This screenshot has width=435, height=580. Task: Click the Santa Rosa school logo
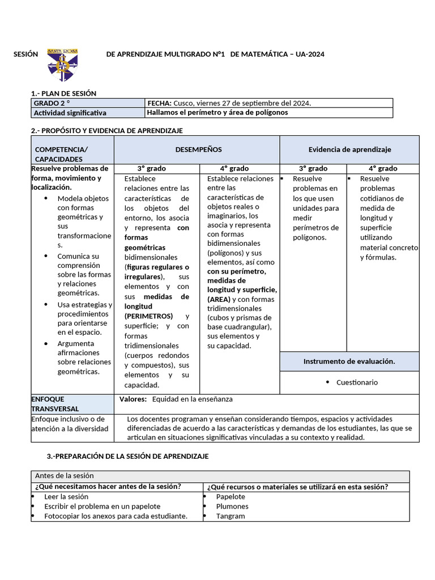[x=62, y=65]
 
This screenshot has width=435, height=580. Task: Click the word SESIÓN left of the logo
[x=25, y=54]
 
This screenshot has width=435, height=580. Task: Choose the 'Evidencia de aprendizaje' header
[x=349, y=150]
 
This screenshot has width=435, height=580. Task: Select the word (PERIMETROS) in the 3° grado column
[x=148, y=316]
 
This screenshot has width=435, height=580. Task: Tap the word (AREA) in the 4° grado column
[x=219, y=299]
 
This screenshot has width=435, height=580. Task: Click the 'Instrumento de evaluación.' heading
[x=349, y=361]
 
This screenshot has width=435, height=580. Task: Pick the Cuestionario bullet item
[x=357, y=382]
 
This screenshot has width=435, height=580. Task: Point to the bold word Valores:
[x=133, y=399]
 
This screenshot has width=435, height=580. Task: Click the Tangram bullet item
[x=231, y=516]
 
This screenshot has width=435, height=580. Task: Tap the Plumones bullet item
[x=232, y=506]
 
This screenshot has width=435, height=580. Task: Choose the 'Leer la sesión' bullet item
[x=66, y=497]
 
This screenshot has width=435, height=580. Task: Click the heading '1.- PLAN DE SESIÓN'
[x=63, y=93]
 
